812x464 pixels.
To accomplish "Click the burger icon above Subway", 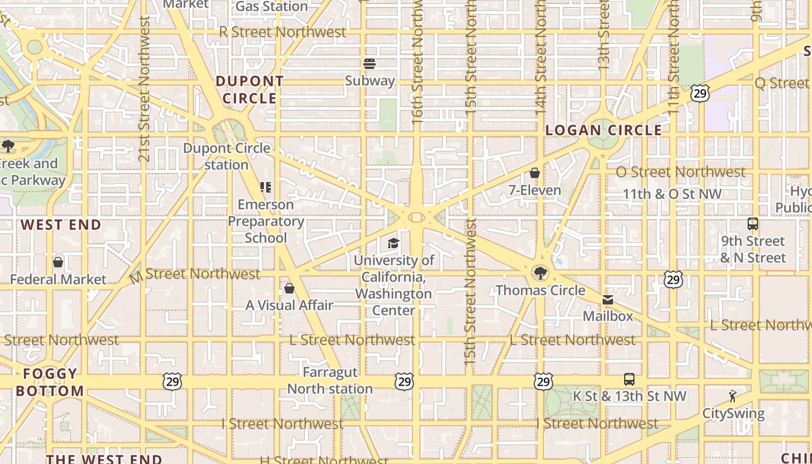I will (369, 63).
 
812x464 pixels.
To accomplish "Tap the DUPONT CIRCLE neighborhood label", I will (250, 90).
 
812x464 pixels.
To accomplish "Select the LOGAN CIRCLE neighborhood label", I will (604, 130).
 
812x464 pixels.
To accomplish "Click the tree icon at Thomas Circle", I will (541, 272).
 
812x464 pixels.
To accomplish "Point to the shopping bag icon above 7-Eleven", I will (535, 173).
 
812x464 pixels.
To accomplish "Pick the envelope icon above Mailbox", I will (607, 299).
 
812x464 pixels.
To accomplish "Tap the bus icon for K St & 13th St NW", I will (629, 379).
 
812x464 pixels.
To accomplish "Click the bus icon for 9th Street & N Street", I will (753, 224).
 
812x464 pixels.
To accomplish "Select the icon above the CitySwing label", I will (733, 397).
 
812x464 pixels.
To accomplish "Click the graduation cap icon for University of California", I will (394, 243).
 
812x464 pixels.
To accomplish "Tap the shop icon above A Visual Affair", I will (289, 288).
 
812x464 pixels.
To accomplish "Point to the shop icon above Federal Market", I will (58, 262).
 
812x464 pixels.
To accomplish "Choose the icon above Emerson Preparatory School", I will (266, 187).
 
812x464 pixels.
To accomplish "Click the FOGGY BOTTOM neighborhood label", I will (50, 382).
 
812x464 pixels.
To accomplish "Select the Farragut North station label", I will (330, 380).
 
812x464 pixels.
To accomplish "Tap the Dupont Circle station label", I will (227, 156).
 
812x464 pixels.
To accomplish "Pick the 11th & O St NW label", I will (672, 194).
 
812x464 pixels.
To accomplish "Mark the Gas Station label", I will (271, 6).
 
